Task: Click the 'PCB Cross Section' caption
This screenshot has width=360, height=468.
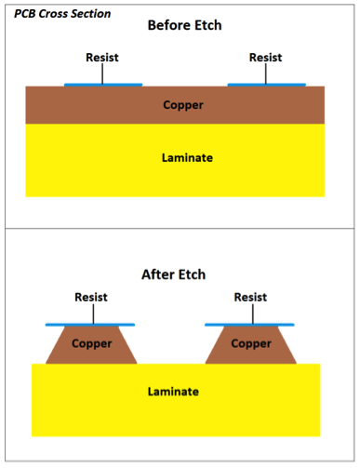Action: pos(62,14)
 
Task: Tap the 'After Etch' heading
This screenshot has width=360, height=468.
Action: pos(173,274)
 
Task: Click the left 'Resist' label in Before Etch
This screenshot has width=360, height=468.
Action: pos(101,58)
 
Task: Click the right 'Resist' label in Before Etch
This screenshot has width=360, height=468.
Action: pos(265,58)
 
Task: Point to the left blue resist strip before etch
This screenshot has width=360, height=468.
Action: pos(102,85)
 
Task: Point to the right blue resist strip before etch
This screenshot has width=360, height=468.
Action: pos(266,85)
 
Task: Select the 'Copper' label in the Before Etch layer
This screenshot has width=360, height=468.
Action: pos(182,105)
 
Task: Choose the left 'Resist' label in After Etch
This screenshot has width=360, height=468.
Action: pos(90,298)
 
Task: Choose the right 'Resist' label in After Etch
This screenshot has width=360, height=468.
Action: pos(250,298)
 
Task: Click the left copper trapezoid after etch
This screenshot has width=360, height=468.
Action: pos(90,346)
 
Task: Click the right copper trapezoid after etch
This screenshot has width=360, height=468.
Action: pos(250,346)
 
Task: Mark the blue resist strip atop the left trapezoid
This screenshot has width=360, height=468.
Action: pos(90,325)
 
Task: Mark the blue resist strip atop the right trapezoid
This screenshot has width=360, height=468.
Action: pos(250,325)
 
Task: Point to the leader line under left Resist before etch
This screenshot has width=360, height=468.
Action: pos(101,74)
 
